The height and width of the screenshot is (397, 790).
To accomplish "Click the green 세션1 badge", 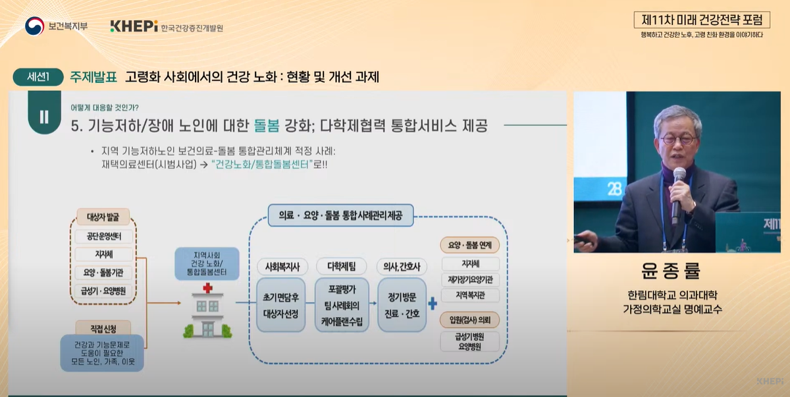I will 38,77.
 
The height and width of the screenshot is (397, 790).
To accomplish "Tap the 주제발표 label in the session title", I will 93,77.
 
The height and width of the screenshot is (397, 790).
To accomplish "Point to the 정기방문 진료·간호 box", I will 402,305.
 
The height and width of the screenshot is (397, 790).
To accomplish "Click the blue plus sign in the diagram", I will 433,304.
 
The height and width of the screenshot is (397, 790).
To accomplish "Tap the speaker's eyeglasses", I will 679,140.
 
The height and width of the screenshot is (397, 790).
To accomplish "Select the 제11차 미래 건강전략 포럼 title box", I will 701,20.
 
